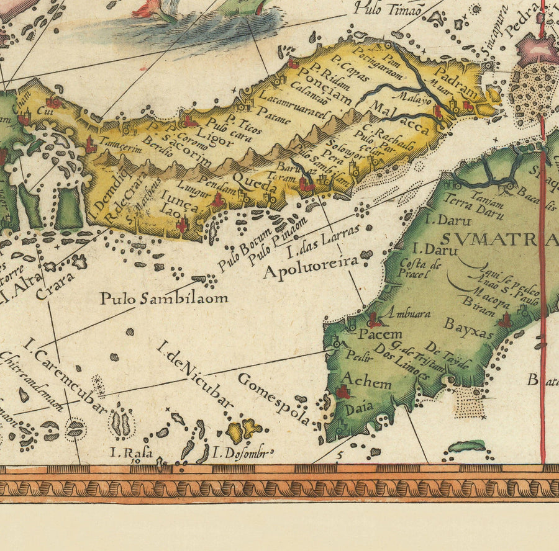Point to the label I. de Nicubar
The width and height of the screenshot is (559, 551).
(x=195, y=374)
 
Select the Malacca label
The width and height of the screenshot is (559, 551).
(x=398, y=118)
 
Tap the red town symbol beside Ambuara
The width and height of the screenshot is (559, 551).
(x=375, y=320)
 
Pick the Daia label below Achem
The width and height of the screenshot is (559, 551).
(x=356, y=410)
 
